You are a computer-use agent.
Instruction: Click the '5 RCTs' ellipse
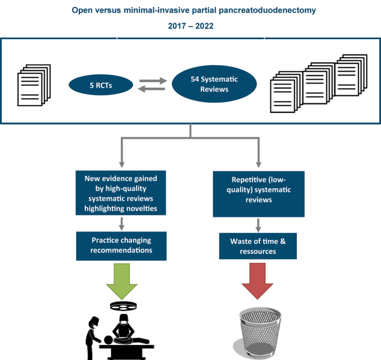[101, 85]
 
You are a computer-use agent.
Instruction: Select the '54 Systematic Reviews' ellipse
[214, 84]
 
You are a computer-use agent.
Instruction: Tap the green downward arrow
[122, 282]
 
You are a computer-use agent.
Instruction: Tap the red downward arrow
[257, 281]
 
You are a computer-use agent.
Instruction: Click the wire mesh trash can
[259, 333]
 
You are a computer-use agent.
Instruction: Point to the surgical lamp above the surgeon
[123, 306]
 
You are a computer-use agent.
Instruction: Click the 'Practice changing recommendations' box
[121, 246]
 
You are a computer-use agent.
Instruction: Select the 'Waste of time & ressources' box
[258, 246]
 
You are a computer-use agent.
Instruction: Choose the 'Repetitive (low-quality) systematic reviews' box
[259, 194]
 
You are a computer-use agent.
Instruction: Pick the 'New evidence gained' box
[121, 193]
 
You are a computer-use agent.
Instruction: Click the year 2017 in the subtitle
[177, 26]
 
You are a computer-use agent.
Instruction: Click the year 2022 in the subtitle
[205, 26]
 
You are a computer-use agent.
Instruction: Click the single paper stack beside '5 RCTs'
[34, 85]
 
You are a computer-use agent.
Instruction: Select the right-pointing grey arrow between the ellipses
[153, 81]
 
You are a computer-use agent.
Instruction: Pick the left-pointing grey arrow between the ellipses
[152, 89]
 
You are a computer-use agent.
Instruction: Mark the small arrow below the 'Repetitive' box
[258, 226]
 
